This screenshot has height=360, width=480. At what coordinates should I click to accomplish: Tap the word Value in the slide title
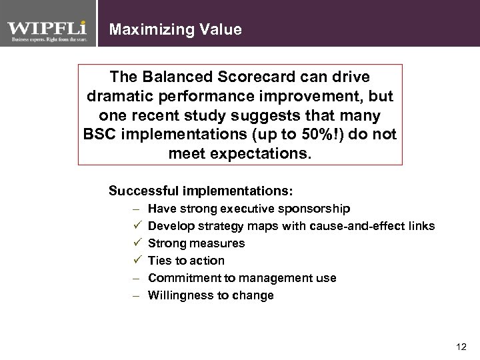(221, 29)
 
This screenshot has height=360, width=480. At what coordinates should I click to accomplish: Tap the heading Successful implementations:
(201, 191)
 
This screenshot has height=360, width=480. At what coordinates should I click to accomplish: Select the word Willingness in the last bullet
(177, 295)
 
